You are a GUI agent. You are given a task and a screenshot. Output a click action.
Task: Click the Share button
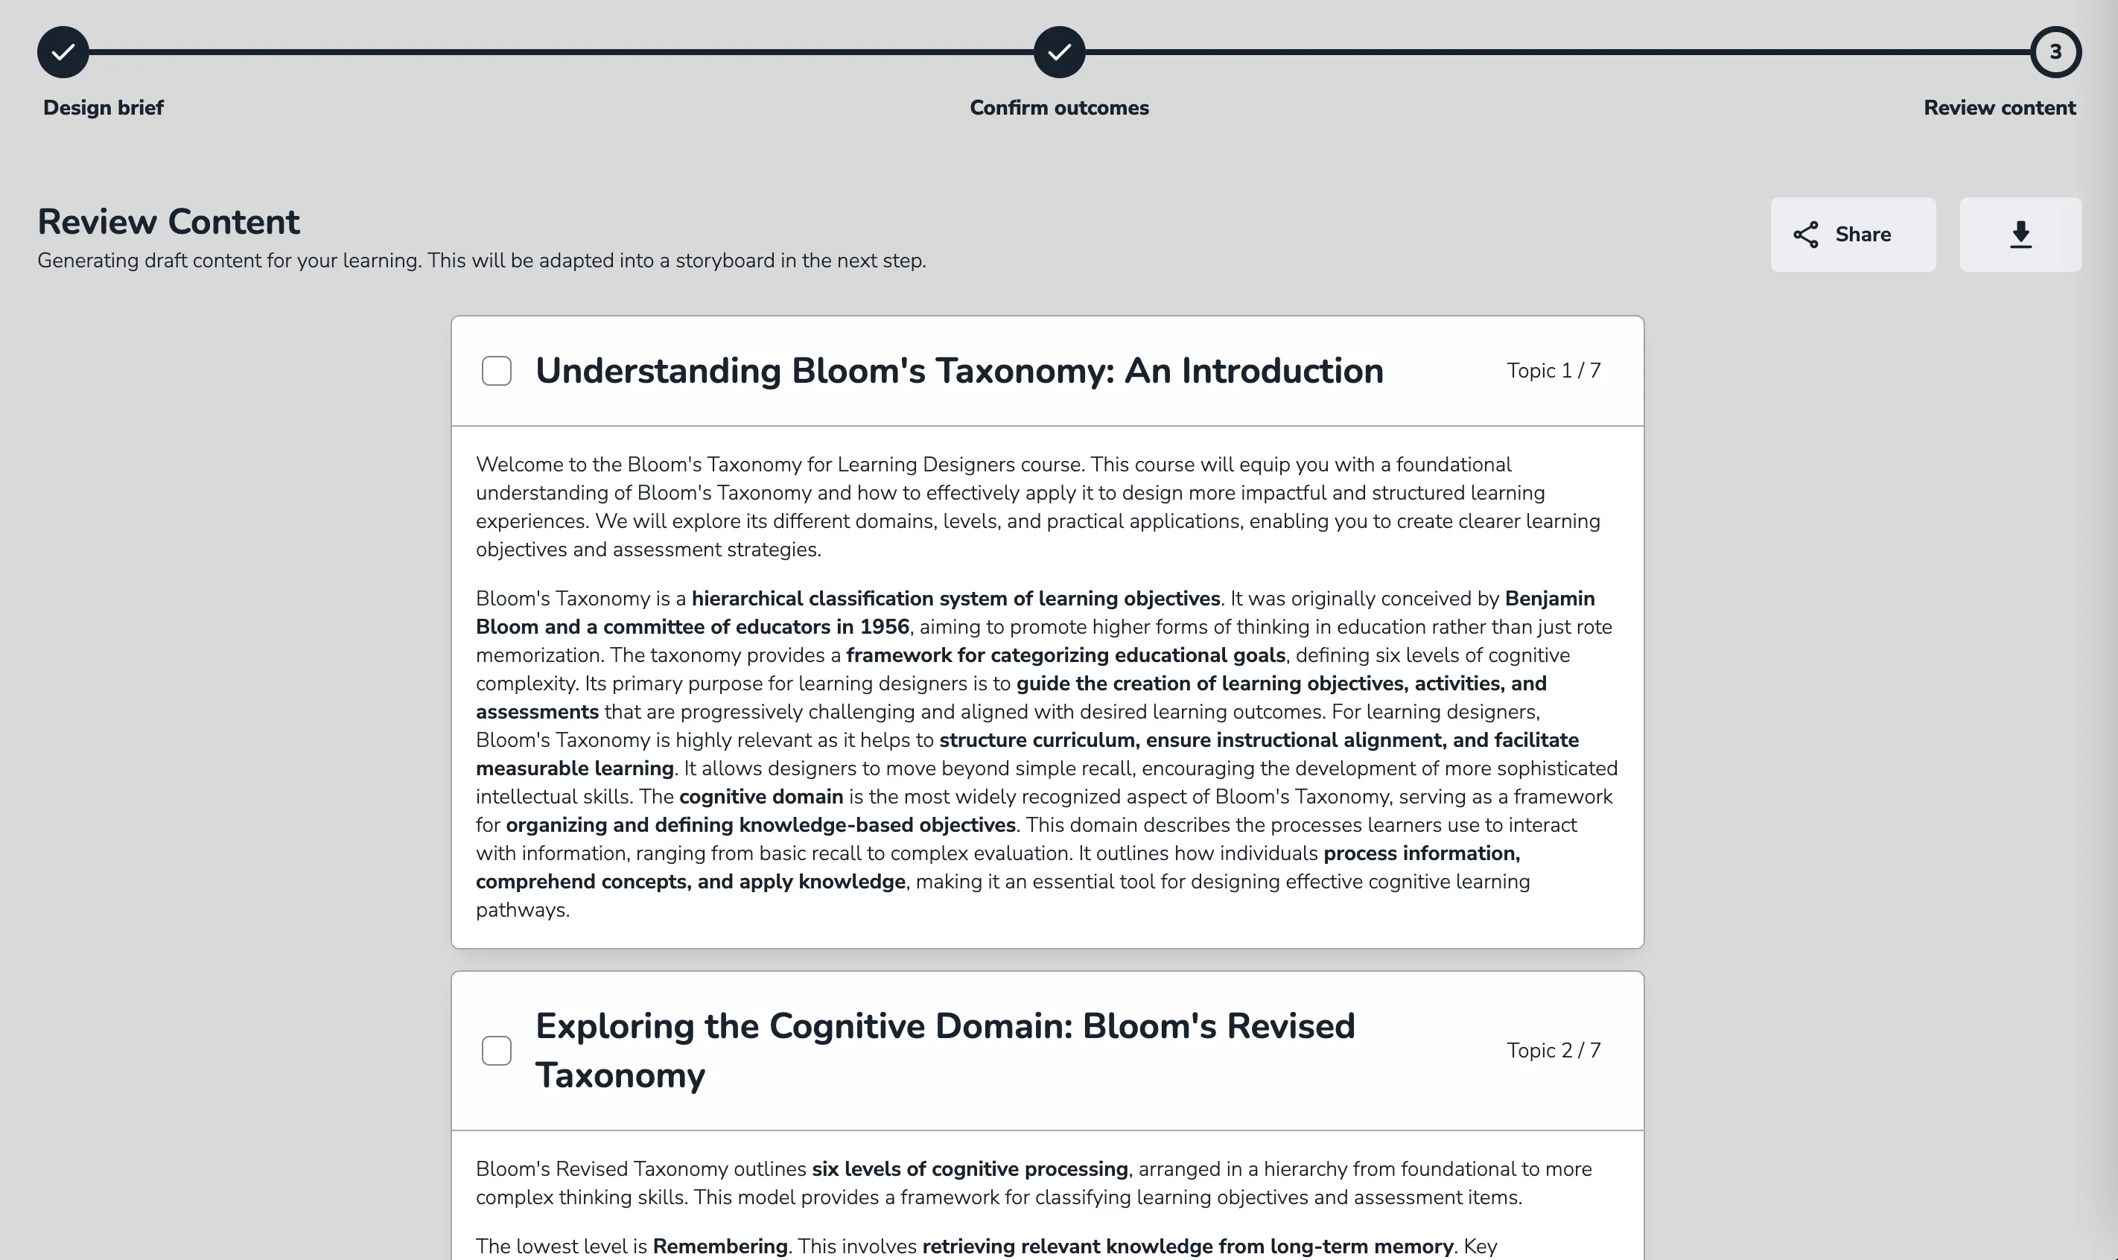pos(1852,235)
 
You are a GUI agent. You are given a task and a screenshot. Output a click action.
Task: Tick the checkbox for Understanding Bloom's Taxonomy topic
pos(497,371)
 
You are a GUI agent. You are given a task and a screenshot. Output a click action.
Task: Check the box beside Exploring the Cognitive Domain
pos(497,1050)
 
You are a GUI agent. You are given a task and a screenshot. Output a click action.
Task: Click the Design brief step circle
pos(63,53)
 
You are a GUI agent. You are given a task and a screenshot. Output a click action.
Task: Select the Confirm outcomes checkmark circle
pos(1058,53)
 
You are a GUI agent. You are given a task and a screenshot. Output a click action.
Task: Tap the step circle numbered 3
pos(2055,53)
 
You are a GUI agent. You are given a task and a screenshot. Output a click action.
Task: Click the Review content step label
pos(1999,108)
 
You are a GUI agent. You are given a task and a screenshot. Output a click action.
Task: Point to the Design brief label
pos(104,108)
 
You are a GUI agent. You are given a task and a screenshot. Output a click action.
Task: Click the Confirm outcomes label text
pos(1058,108)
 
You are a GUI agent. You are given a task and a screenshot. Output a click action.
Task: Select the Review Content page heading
pos(168,222)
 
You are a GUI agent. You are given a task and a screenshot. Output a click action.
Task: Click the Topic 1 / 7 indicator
pos(1553,371)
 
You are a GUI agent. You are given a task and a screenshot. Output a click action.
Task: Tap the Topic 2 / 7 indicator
pos(1553,1050)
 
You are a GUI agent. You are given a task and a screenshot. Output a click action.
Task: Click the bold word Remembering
pos(720,1247)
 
